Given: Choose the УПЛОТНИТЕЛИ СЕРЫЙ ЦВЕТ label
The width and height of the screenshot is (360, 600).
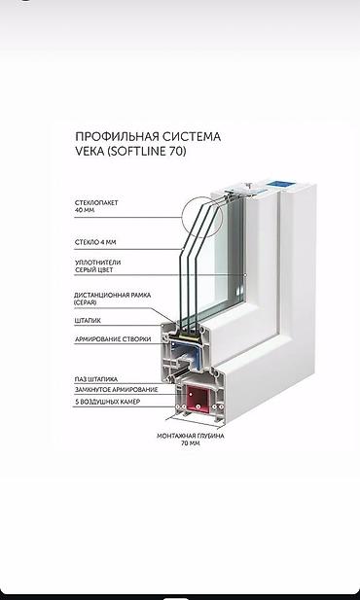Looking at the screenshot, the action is [x=99, y=267].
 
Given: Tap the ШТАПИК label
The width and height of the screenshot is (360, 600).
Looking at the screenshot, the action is [x=88, y=320].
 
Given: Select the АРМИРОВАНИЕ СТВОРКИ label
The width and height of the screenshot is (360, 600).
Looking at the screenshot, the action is [x=110, y=339].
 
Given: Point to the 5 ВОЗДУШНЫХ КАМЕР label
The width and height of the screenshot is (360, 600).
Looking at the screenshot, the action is [x=105, y=401].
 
